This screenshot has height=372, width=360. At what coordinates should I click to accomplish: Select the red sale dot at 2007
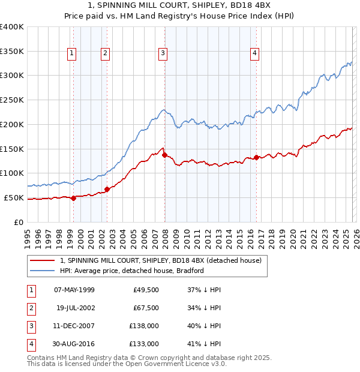pos(164,155)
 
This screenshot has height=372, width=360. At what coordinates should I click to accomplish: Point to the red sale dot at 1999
pos(73,198)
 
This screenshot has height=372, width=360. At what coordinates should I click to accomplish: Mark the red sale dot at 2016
pos(257,157)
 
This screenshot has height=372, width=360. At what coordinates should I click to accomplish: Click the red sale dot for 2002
pos(107,189)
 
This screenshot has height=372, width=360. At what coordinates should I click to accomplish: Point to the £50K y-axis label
pos(14,197)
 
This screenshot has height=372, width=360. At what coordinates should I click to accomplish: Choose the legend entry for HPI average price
pos(132,271)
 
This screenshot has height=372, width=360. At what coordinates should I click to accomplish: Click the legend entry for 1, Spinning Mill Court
pos(160,261)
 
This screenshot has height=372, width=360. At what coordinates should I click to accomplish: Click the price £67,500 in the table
pos(146,308)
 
